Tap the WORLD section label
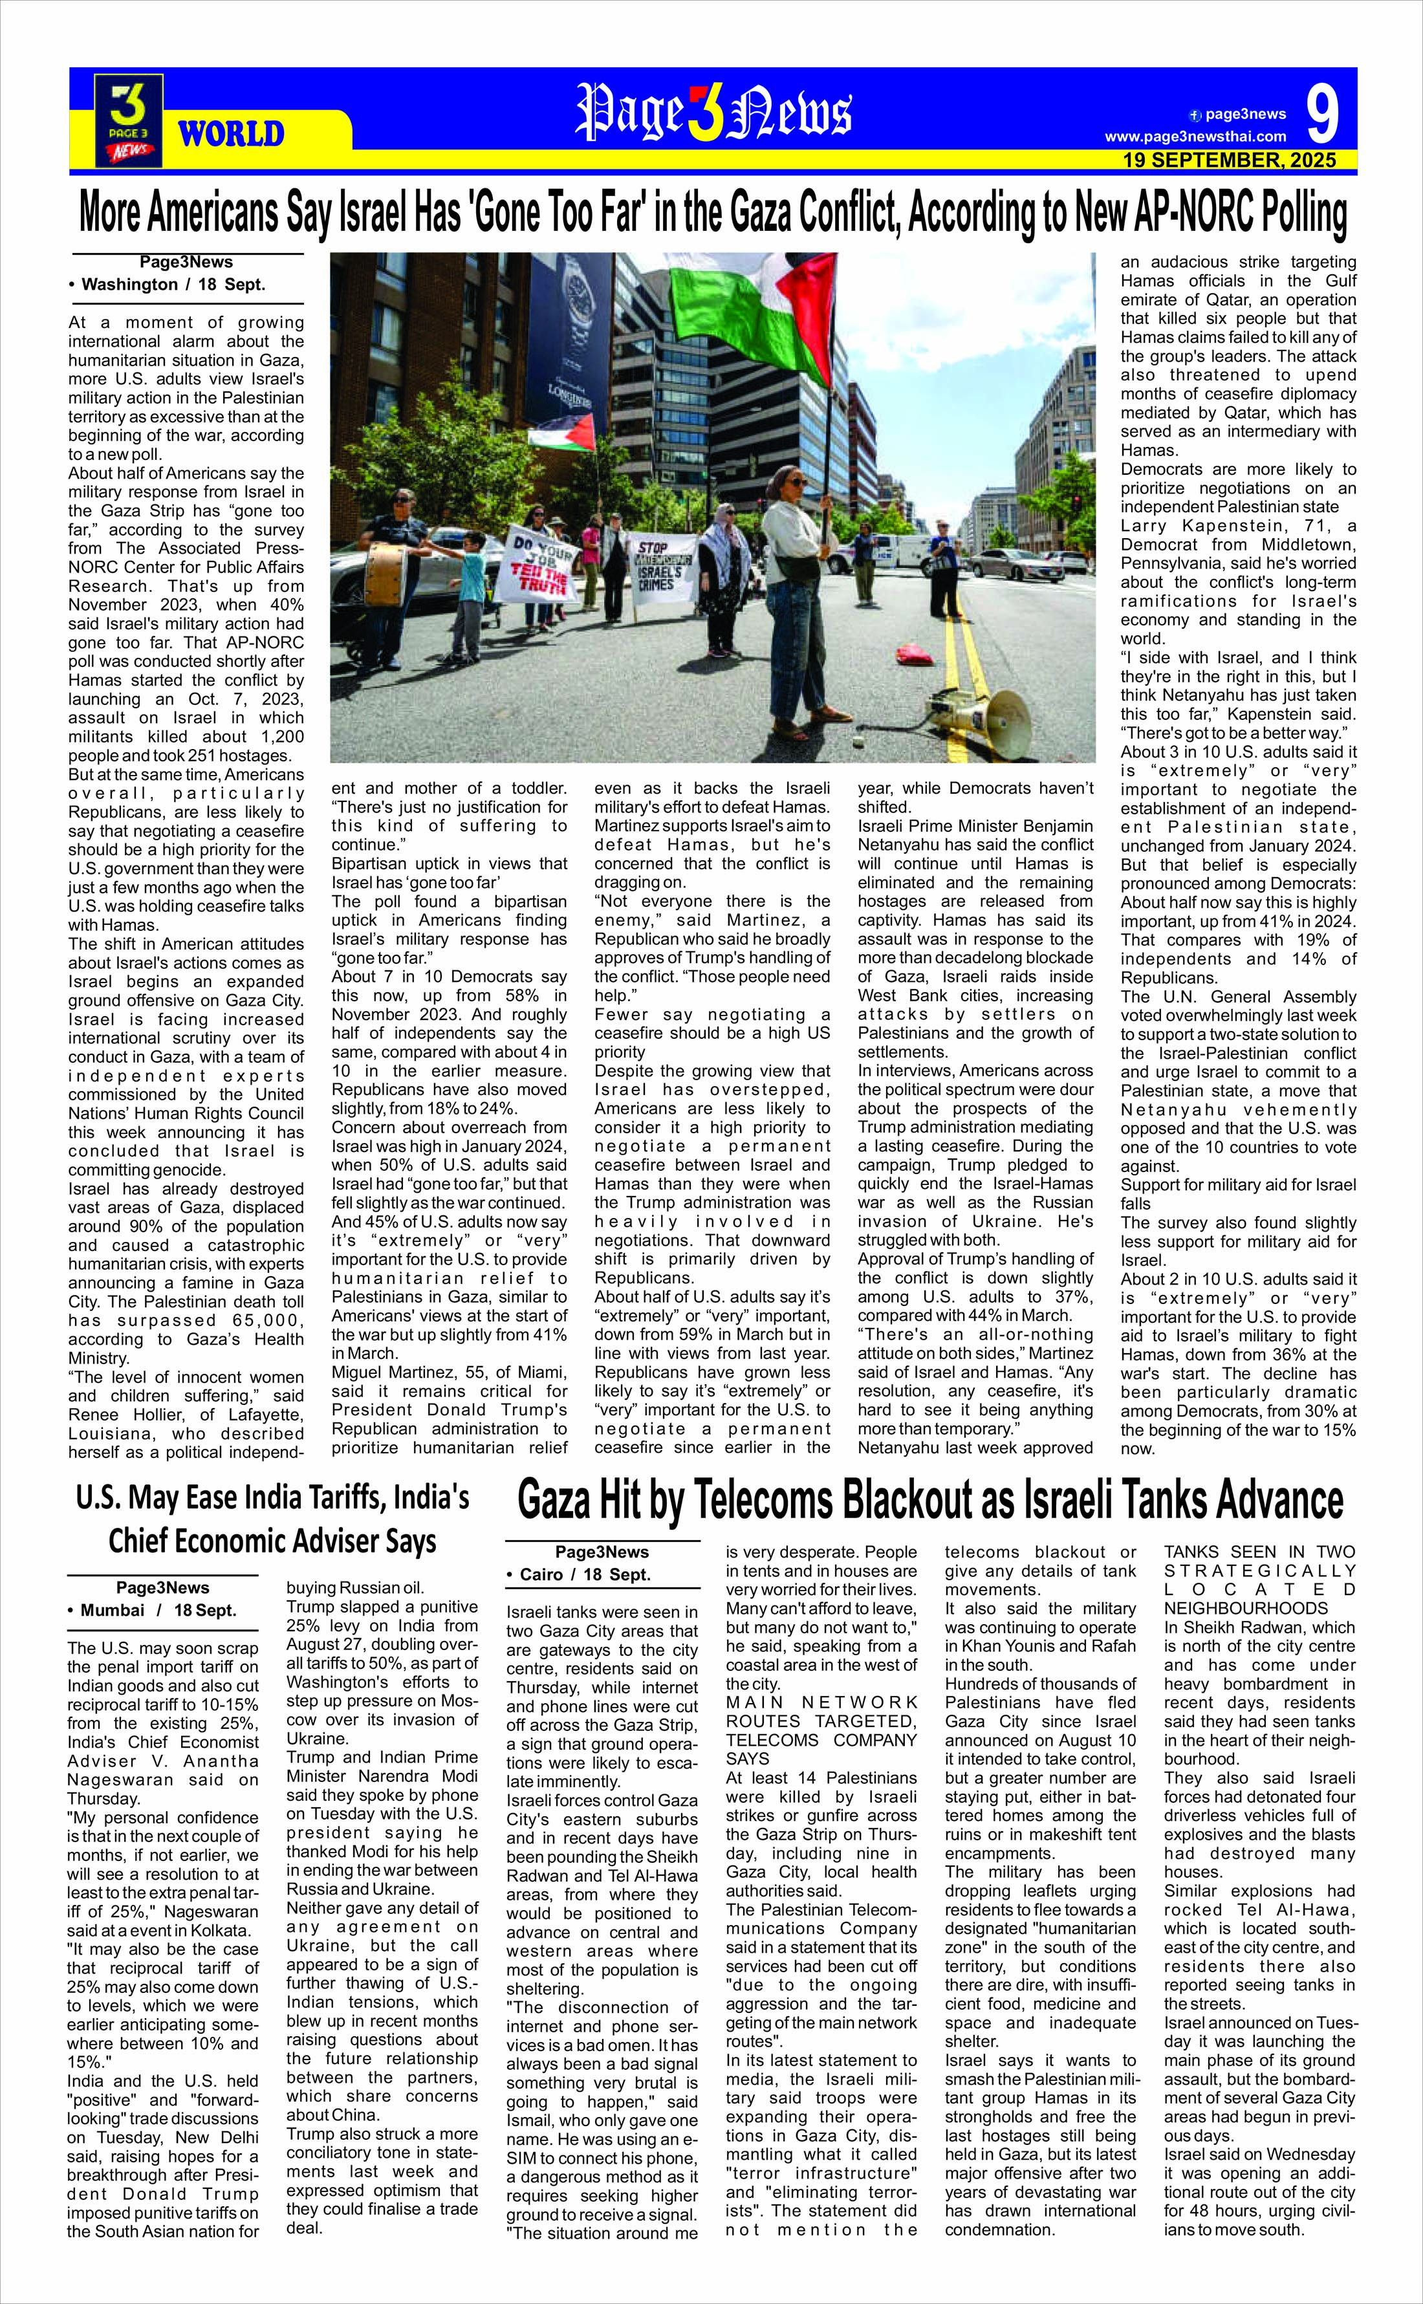click(232, 134)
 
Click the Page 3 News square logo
click(129, 120)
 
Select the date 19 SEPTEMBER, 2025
click(1229, 161)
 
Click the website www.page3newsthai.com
click(1195, 136)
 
